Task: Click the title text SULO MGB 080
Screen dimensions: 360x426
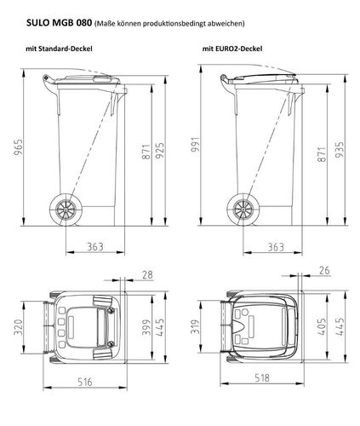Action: click(x=59, y=23)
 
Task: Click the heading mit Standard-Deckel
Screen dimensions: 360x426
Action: click(x=59, y=49)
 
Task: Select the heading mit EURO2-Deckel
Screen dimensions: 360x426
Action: click(x=232, y=49)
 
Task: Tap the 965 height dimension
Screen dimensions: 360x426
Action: click(x=19, y=147)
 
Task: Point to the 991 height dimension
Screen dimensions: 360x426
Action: click(x=196, y=145)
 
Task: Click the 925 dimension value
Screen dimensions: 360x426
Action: click(x=160, y=151)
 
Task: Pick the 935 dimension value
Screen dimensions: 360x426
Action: click(x=340, y=149)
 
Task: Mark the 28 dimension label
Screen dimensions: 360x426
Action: click(x=147, y=275)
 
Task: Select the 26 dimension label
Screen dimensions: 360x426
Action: click(x=324, y=270)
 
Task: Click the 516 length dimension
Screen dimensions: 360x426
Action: click(x=85, y=382)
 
